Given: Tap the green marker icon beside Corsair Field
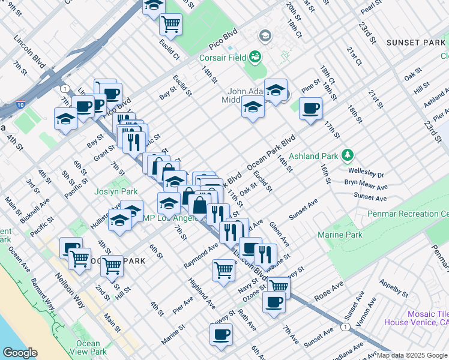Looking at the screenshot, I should (x=256, y=57).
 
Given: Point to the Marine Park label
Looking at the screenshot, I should (x=340, y=235).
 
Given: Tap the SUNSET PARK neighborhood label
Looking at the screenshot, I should (x=416, y=43).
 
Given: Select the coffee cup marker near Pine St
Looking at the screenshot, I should (x=310, y=109).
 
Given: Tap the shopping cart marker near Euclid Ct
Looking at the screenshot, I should (x=171, y=24).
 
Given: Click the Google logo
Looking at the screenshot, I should (x=20, y=353).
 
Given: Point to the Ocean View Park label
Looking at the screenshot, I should (x=88, y=347).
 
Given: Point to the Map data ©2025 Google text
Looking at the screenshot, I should (x=411, y=355).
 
